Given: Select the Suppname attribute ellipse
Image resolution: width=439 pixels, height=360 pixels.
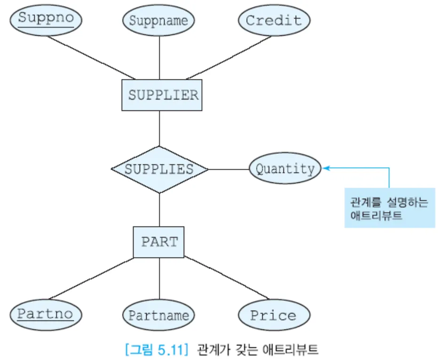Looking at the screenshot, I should pyautogui.click(x=158, y=21).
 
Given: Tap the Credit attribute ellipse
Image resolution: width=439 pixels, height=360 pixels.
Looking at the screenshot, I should pyautogui.click(x=274, y=21).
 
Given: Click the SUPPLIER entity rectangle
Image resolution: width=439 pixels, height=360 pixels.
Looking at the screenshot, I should pyautogui.click(x=162, y=95).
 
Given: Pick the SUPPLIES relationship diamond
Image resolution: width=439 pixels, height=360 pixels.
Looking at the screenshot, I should pyautogui.click(x=159, y=169).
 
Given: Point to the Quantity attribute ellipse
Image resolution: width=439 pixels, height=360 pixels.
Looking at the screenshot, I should pyautogui.click(x=285, y=169).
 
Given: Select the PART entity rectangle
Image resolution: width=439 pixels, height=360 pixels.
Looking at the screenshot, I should pyautogui.click(x=159, y=242).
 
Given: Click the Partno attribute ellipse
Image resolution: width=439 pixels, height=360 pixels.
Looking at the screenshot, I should pyautogui.click(x=46, y=314).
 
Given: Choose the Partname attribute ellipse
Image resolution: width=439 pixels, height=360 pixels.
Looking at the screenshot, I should pyautogui.click(x=158, y=315).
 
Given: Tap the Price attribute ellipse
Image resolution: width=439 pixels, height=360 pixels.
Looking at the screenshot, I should pyautogui.click(x=274, y=315).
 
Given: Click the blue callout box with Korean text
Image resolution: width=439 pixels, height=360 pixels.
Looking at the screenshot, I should pyautogui.click(x=390, y=208).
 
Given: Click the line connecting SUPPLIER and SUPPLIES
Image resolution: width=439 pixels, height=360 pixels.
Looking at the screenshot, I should pyautogui.click(x=159, y=128).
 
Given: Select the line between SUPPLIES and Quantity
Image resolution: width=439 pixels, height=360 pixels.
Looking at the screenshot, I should pyautogui.click(x=228, y=169).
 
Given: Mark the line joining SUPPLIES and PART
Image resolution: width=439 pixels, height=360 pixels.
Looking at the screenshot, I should pyautogui.click(x=159, y=210).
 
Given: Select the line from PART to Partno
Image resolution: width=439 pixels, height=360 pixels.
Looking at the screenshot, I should pyautogui.click(x=92, y=278).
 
